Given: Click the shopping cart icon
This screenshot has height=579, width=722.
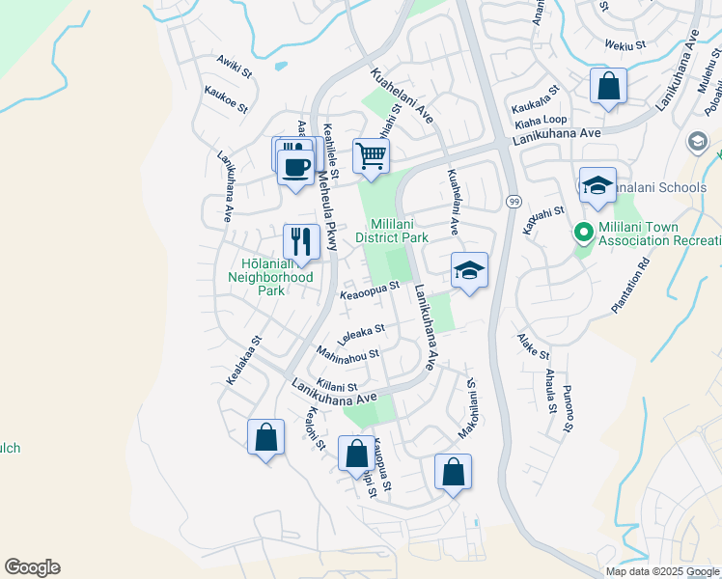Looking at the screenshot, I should (371, 155).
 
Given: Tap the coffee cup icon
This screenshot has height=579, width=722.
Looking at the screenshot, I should (295, 165).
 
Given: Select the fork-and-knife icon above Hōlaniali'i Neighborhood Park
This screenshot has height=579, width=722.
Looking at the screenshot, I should (301, 241).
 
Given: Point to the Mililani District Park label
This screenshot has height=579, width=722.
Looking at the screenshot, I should (391, 230).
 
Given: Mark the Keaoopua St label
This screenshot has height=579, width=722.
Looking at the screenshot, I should (369, 290).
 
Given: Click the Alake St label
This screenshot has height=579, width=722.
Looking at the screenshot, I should (533, 347).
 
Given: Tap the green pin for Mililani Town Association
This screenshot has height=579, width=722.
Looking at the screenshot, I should (583, 233).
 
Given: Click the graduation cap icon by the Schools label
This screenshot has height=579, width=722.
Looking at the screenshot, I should (597, 186).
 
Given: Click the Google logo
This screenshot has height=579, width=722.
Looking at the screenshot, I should (32, 567).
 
